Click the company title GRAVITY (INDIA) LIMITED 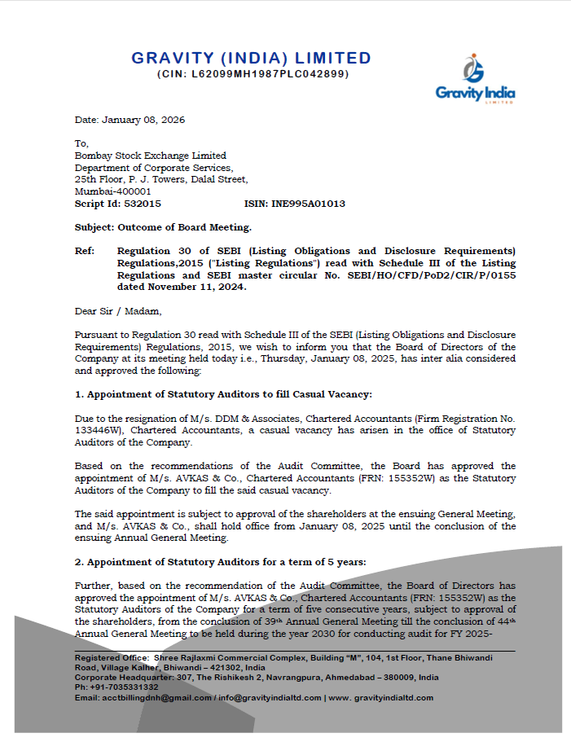(252, 59)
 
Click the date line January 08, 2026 (130, 120)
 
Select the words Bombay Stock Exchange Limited (151, 156)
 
